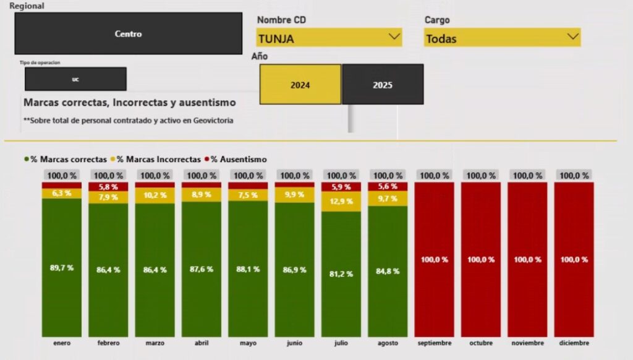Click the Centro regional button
click(128, 34)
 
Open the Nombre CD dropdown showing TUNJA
click(329, 38)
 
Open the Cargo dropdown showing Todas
click(502, 38)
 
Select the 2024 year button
click(300, 85)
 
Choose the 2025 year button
click(383, 85)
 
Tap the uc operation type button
click(75, 79)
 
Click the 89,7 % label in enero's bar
click(62, 268)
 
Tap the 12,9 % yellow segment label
click(341, 201)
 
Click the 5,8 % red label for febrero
click(108, 187)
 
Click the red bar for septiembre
click(435, 260)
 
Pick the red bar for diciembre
click(574, 260)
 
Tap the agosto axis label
click(388, 343)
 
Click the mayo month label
click(248, 343)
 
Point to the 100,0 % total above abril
click(202, 176)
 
